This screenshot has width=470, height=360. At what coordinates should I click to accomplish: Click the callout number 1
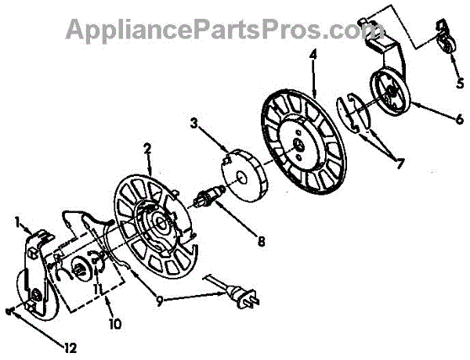(x=17, y=221)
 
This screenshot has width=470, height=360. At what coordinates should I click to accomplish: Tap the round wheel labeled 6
(x=389, y=92)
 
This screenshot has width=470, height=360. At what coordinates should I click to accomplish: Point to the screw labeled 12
(x=9, y=310)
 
